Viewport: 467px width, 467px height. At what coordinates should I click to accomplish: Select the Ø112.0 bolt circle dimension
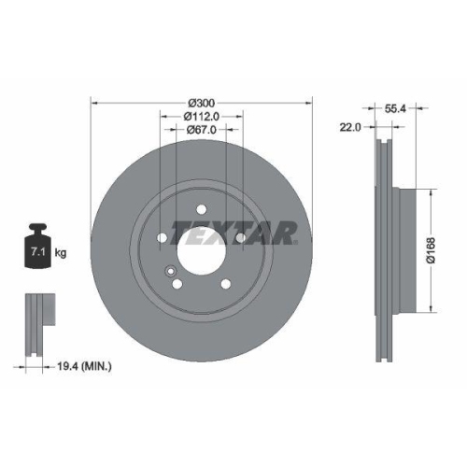click(x=201, y=116)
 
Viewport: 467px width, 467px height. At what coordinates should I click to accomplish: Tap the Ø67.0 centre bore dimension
click(x=201, y=131)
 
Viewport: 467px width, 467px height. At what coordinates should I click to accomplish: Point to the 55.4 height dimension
click(x=395, y=109)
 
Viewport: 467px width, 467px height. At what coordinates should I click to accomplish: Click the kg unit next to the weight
click(x=61, y=252)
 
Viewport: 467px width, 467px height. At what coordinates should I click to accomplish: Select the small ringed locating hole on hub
click(x=171, y=274)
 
